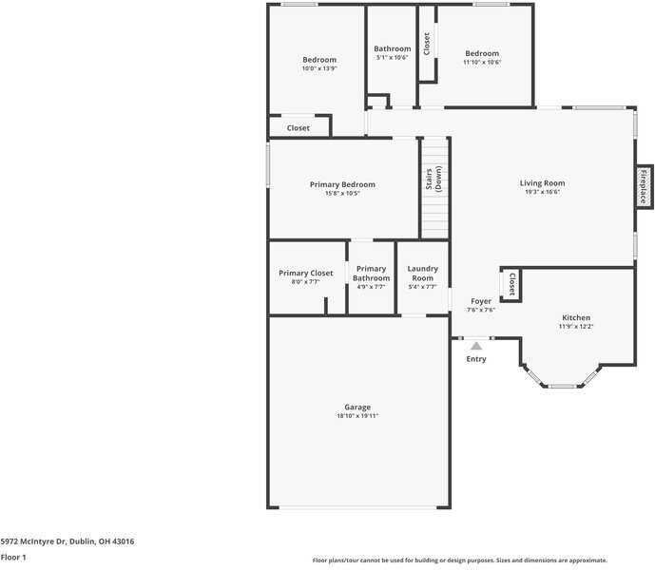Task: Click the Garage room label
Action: (x=357, y=408)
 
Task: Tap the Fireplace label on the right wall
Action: (x=643, y=186)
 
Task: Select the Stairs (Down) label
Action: (x=433, y=179)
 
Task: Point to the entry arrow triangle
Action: (x=476, y=346)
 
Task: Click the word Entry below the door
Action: (x=476, y=359)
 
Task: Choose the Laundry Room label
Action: (x=422, y=274)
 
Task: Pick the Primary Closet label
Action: (x=306, y=274)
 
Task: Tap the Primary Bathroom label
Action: (x=371, y=274)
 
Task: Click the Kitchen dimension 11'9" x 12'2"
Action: (x=576, y=327)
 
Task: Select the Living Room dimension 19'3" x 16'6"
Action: (x=542, y=192)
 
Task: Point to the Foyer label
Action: (x=481, y=301)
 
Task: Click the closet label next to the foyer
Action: (x=511, y=283)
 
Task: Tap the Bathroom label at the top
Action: (x=392, y=48)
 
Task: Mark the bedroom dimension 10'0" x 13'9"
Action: (x=319, y=68)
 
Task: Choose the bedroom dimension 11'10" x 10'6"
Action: (x=482, y=63)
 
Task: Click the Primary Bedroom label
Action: (x=342, y=184)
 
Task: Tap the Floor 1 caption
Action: (x=13, y=557)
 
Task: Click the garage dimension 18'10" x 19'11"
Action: (x=357, y=416)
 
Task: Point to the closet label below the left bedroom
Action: (x=299, y=128)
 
